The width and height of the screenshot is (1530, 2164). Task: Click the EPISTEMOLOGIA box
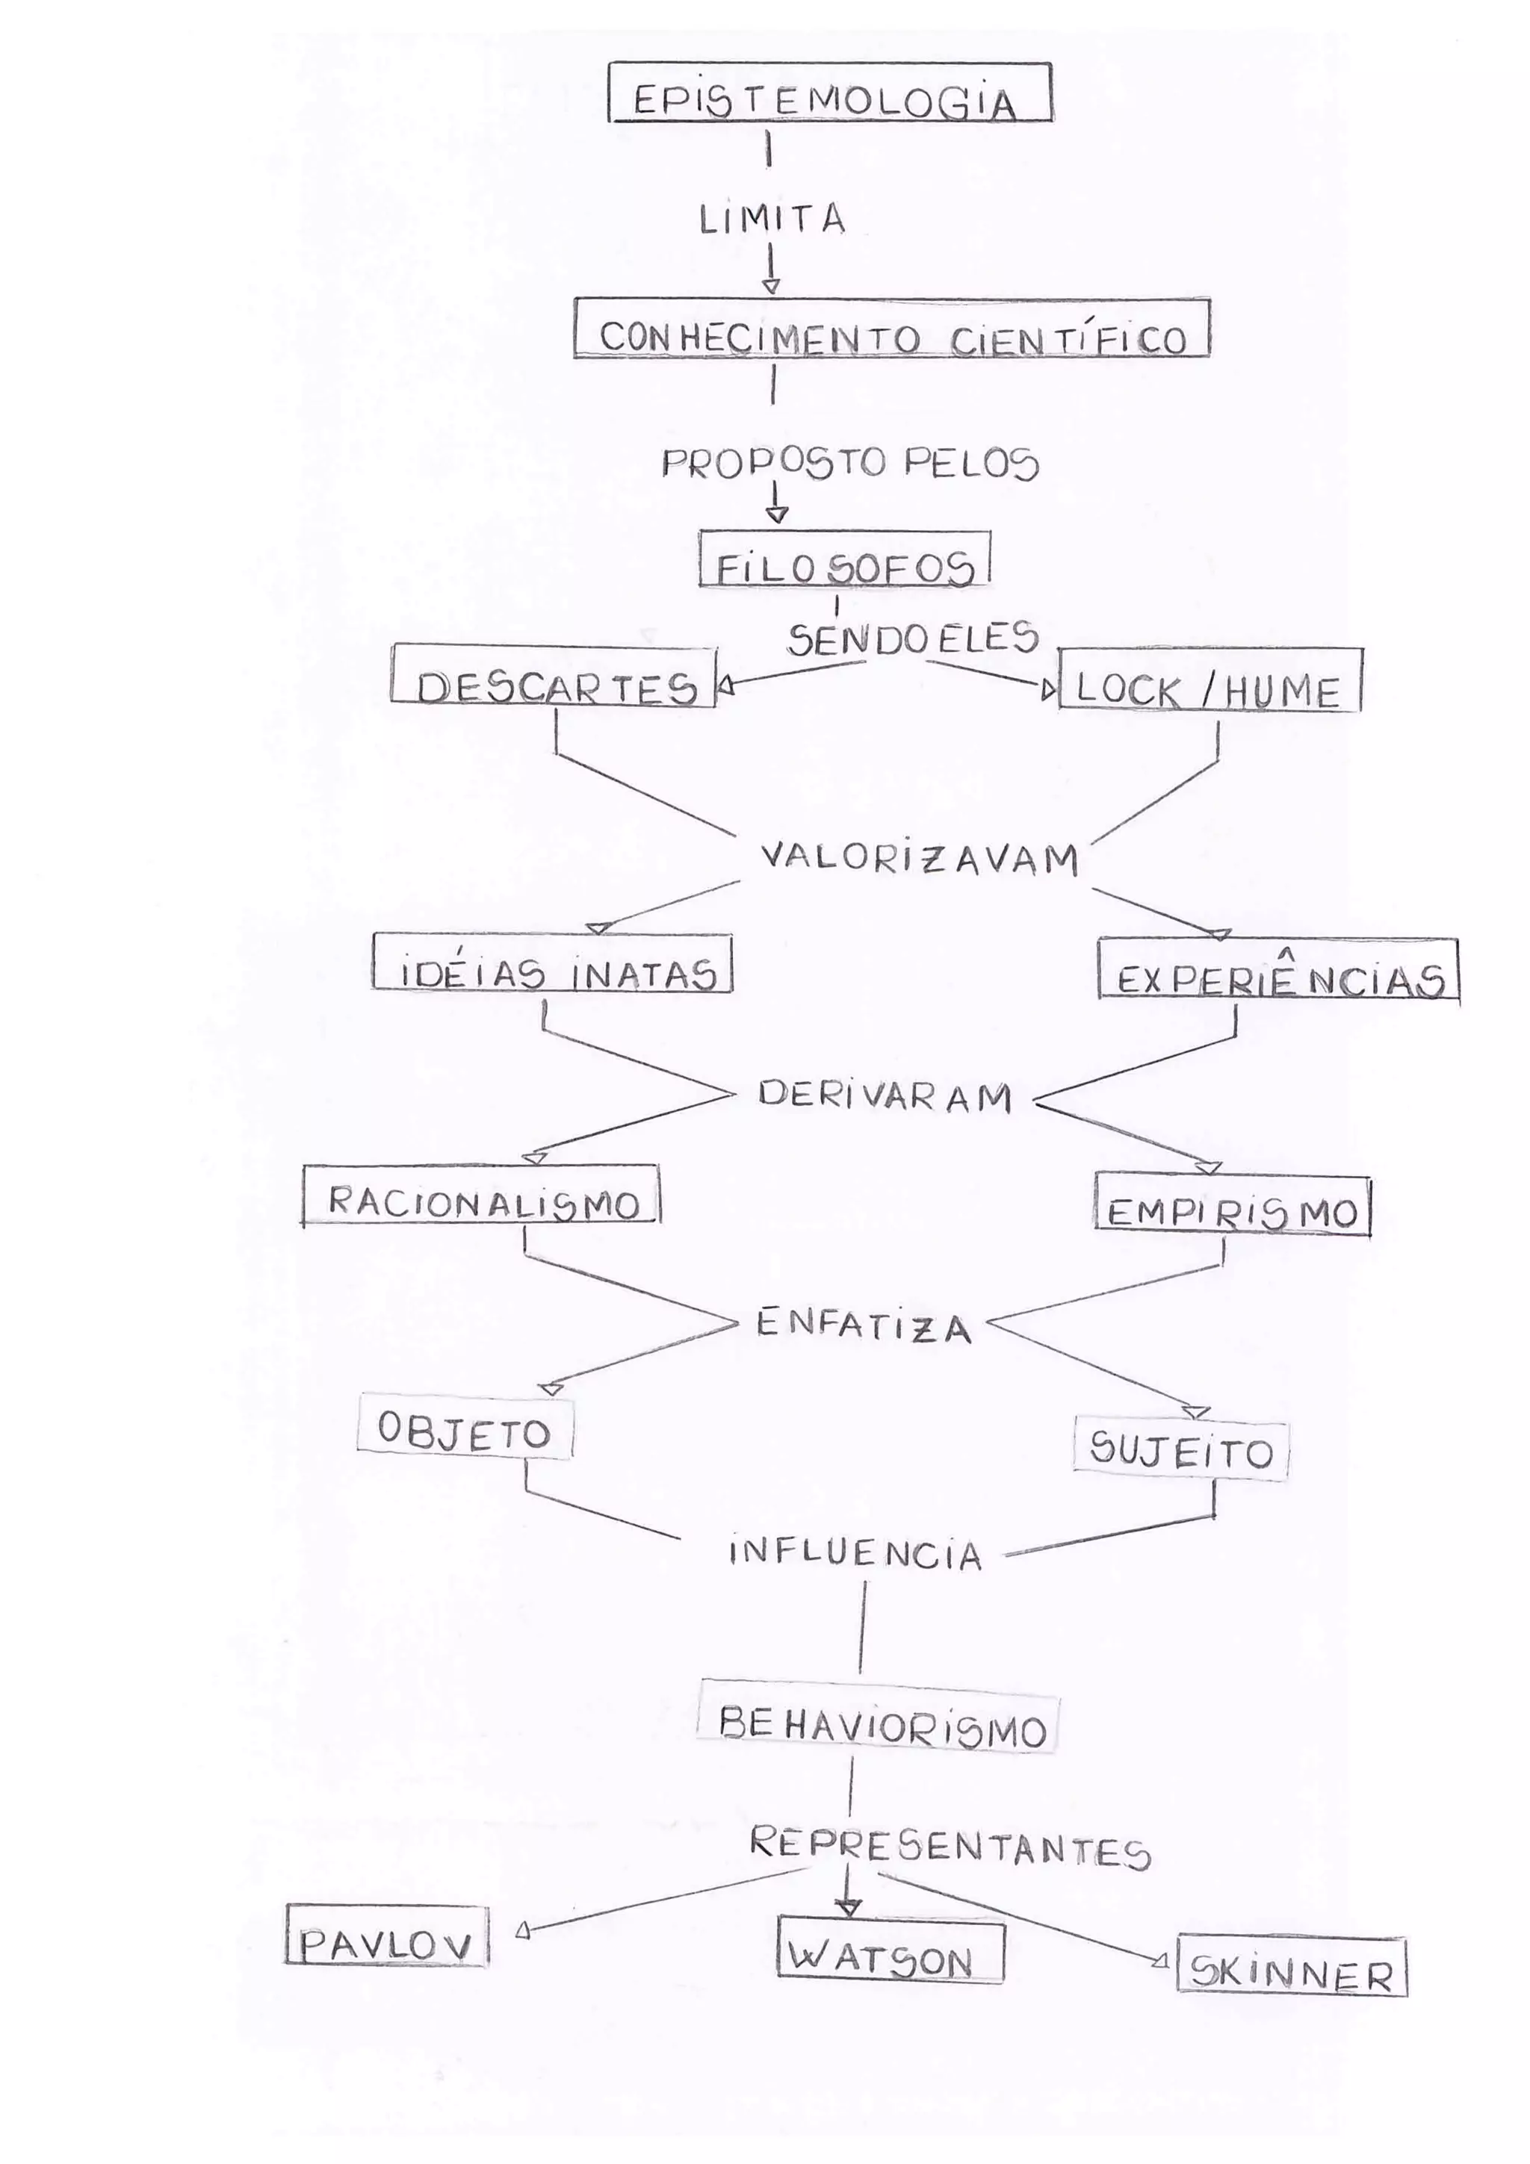[829, 93]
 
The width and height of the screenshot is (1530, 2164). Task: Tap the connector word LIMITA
[771, 219]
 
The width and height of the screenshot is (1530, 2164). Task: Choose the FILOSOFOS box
[843, 561]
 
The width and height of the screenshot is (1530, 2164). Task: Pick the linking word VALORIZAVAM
[918, 859]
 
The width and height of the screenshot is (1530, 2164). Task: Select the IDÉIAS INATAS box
[552, 964]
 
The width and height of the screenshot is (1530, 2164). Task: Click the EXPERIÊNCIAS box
[1278, 971]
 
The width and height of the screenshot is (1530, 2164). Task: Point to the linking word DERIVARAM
[885, 1095]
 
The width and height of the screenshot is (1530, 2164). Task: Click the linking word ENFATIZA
[863, 1325]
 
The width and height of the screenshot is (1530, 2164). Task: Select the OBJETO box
[465, 1431]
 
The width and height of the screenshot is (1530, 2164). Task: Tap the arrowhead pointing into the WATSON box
[849, 1906]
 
